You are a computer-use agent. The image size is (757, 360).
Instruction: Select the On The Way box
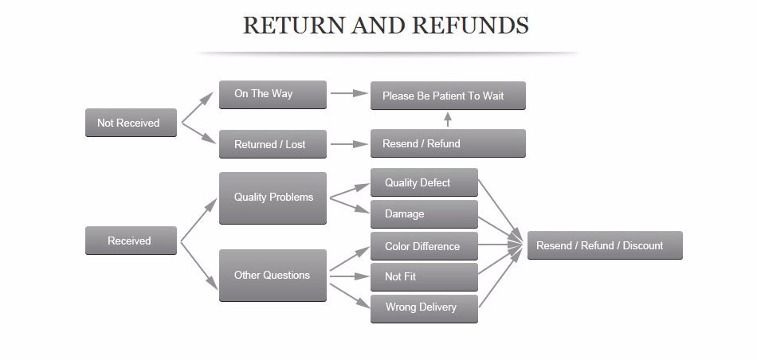click(273, 94)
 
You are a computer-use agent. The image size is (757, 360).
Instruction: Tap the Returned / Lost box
click(273, 144)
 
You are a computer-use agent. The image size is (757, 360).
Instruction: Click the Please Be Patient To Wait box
click(448, 96)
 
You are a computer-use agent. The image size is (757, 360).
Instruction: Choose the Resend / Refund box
click(448, 143)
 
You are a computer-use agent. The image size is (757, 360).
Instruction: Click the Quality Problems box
click(273, 198)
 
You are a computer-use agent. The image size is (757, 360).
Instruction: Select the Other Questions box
click(273, 276)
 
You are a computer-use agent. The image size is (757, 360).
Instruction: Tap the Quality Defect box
click(424, 182)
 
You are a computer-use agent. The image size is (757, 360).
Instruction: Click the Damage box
click(424, 213)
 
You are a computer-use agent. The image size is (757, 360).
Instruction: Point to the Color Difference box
click(424, 246)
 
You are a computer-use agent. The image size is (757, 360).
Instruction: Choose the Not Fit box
click(424, 276)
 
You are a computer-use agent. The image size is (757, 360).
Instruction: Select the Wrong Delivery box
click(424, 307)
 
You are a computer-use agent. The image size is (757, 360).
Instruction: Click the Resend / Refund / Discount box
click(604, 245)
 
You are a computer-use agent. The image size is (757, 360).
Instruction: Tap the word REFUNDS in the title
click(470, 25)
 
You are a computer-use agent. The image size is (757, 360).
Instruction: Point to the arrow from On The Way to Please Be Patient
click(348, 93)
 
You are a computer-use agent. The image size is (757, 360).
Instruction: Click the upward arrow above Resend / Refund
click(448, 119)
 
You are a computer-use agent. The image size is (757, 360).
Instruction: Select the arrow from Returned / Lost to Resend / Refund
click(348, 144)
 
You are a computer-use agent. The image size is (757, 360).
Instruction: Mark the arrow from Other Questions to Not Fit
click(348, 276)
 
